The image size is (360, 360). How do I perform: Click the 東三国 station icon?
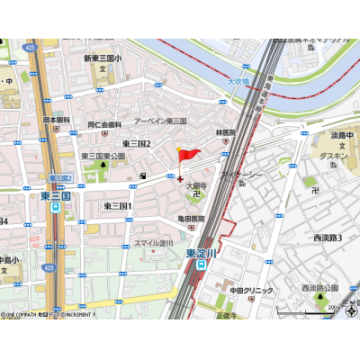[x=56, y=206]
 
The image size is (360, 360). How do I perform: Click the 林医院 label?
[x=224, y=132]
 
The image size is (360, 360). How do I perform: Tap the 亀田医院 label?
[x=190, y=218]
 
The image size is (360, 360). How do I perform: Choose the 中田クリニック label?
[x=251, y=290]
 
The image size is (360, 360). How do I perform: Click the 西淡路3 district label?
[x=328, y=238]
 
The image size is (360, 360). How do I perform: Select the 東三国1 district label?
[x=118, y=206]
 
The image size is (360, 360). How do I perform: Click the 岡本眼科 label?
[x=57, y=119]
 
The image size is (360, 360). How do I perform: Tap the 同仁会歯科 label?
[x=104, y=124]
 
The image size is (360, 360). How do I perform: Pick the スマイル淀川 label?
[x=153, y=243]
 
